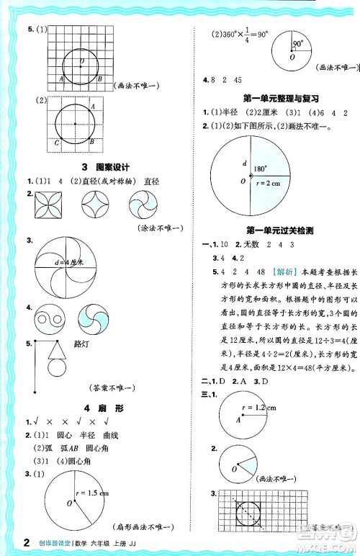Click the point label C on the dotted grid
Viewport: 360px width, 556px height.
click(x=57, y=142)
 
